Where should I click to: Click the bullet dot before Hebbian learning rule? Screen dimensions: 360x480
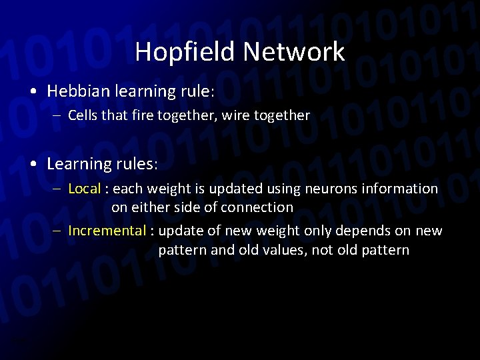coord(34,91)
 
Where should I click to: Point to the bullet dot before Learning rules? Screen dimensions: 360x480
coord(34,163)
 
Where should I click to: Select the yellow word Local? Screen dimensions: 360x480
coord(84,189)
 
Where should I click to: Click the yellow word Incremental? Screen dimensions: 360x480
coord(107,231)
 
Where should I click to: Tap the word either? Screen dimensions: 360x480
coord(152,207)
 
